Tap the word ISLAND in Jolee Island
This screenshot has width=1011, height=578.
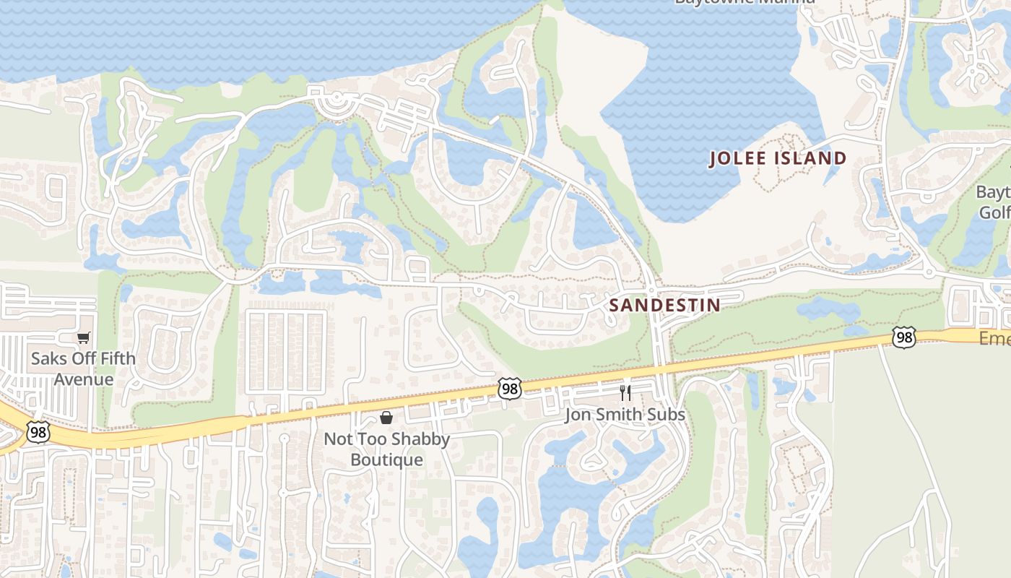click(811, 158)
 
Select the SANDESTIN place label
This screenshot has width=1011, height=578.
click(664, 305)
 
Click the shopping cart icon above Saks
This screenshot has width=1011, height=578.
click(84, 337)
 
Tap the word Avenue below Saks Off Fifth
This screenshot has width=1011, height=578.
click(84, 379)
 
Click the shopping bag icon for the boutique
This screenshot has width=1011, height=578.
click(386, 418)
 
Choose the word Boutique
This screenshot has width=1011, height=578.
click(386, 460)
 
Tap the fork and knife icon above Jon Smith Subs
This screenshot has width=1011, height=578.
click(625, 393)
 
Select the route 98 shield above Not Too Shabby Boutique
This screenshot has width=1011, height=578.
click(509, 389)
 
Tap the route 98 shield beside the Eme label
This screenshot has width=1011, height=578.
click(903, 337)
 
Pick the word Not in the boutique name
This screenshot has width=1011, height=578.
click(338, 439)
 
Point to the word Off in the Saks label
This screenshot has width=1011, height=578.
click(81, 358)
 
